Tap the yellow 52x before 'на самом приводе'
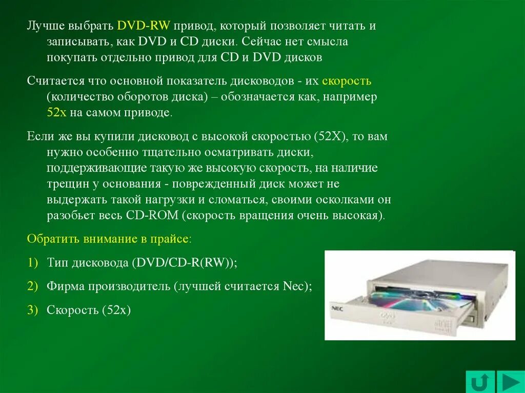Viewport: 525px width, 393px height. pyautogui.click(x=56, y=113)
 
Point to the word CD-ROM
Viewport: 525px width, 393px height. pyautogui.click(x=152, y=215)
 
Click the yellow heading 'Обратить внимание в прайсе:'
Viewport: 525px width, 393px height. pyautogui.click(x=109, y=239)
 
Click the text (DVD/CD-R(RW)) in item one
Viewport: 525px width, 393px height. pyautogui.click(x=184, y=262)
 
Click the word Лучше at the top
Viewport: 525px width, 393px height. pyautogui.click(x=45, y=26)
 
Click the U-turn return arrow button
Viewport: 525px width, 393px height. pyautogui.click(x=480, y=382)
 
